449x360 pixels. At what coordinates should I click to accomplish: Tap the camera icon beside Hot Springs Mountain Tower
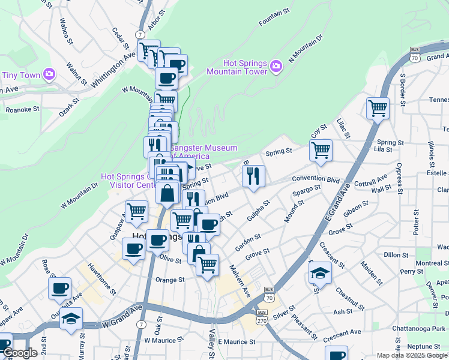tap(276, 66)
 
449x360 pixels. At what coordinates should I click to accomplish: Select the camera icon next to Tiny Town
tap(49, 74)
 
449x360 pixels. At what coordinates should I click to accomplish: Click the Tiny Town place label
tap(20, 75)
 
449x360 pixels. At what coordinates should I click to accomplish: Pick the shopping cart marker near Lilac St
tap(378, 109)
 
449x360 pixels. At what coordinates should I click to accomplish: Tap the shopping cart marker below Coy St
tap(321, 150)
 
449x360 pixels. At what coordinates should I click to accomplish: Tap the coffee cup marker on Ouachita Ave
tap(59, 288)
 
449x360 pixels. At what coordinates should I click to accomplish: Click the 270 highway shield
tap(262, 320)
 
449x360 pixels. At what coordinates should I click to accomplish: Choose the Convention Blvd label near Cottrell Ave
tap(316, 179)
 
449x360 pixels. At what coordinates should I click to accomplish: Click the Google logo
tap(19, 353)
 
